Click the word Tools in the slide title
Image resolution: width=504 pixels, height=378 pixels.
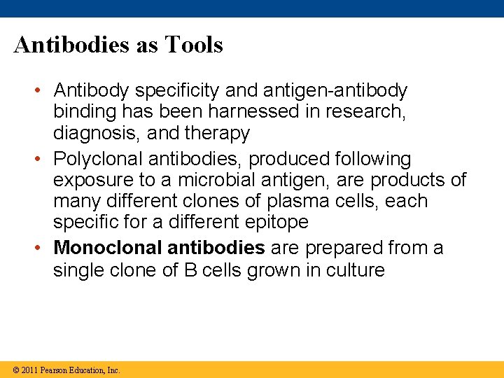(x=194, y=45)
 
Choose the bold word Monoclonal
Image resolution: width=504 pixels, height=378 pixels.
(x=107, y=248)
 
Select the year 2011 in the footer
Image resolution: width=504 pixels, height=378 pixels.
(x=29, y=370)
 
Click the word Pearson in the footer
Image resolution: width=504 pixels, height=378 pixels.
(x=55, y=370)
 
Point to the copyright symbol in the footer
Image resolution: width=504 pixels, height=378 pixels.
(x=15, y=370)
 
